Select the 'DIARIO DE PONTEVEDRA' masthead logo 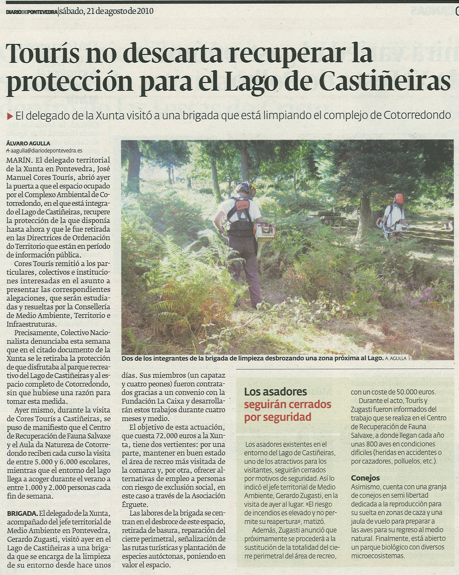click(32, 12)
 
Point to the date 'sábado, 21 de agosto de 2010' click(107, 12)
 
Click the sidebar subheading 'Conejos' click(365, 478)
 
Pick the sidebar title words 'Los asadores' click(275, 392)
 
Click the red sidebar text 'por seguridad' click(278, 417)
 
